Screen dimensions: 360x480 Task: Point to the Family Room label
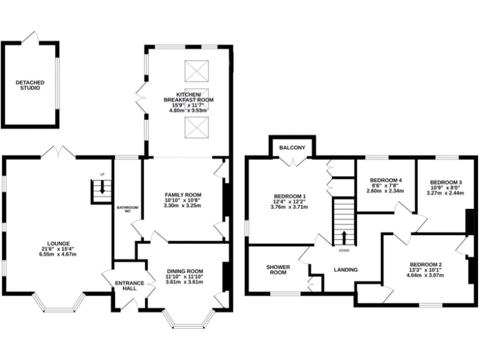182,194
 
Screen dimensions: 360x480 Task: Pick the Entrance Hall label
130,286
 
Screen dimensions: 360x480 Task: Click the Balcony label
292,147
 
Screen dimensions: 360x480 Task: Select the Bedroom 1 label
289,197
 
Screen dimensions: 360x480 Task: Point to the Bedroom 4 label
385,180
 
